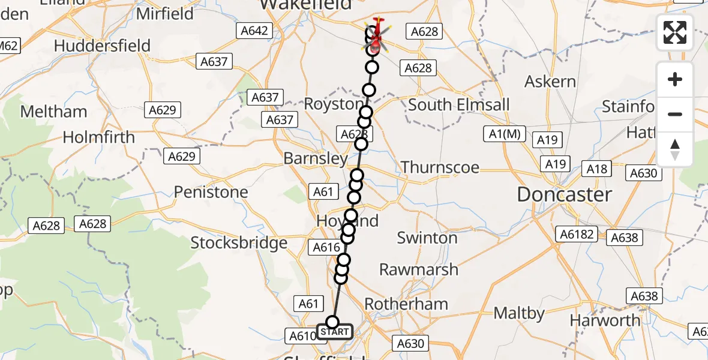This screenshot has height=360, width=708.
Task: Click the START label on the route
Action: pos(335,332)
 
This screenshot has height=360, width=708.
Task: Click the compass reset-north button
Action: pos(675,149)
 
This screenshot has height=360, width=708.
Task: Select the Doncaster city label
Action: pos(565,194)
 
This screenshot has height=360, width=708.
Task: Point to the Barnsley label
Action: pos(316,159)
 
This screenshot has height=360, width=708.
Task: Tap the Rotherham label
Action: pos(406,304)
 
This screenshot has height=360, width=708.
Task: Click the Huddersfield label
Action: pos(102,46)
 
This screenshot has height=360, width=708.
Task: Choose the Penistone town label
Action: pos(211,192)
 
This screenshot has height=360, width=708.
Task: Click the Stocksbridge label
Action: pos(239,243)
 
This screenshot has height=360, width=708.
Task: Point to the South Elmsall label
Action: pos(459,104)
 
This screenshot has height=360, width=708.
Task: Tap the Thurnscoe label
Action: pos(440,167)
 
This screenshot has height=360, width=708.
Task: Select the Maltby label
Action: pos(519,313)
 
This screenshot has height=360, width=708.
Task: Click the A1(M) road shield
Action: pos(504,134)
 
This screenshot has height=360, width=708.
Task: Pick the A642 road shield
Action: pos(255,31)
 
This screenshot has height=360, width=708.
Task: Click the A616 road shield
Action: pos(326,247)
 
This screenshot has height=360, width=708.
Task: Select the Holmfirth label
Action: pos(99,137)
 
